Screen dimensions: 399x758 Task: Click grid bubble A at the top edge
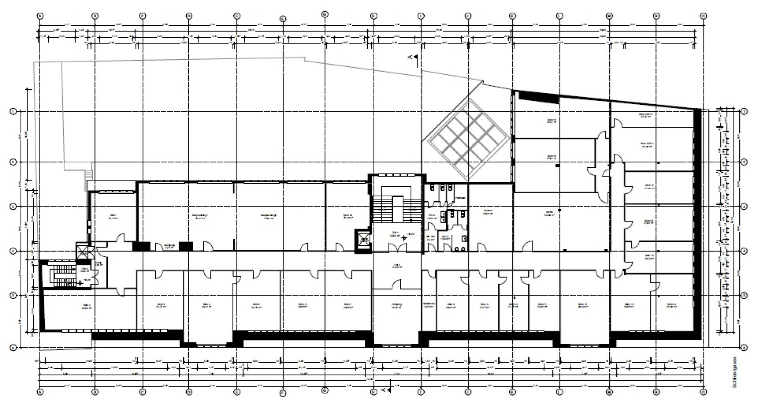click(x=39, y=16)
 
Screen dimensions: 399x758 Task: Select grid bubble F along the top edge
click(x=282, y=19)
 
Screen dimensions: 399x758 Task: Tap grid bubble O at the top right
click(x=703, y=16)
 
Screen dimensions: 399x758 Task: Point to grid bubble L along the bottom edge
click(x=559, y=392)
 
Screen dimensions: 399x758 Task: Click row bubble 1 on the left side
click(x=12, y=112)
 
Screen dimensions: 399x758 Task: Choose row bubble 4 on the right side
click(x=744, y=250)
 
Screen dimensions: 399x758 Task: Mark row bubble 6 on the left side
click(x=12, y=348)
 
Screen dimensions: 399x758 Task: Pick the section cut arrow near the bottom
click(x=387, y=390)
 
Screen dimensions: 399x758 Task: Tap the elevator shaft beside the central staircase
click(x=362, y=240)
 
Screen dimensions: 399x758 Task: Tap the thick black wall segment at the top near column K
click(x=538, y=97)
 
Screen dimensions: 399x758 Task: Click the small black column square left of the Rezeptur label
click(x=141, y=246)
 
